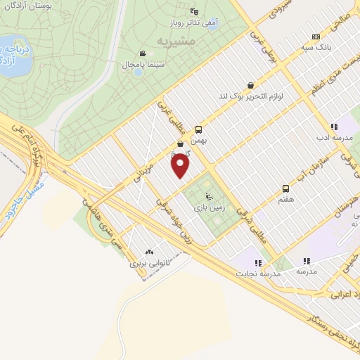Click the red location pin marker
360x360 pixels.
point(181,167)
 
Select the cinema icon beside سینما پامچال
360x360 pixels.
point(143,53)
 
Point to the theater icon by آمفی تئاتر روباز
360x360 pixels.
point(195,12)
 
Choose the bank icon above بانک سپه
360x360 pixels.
point(316,37)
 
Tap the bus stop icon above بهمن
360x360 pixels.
point(199,129)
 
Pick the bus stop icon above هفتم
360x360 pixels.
point(285,188)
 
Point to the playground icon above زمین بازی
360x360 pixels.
point(207,195)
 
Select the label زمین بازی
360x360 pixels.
point(207,207)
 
